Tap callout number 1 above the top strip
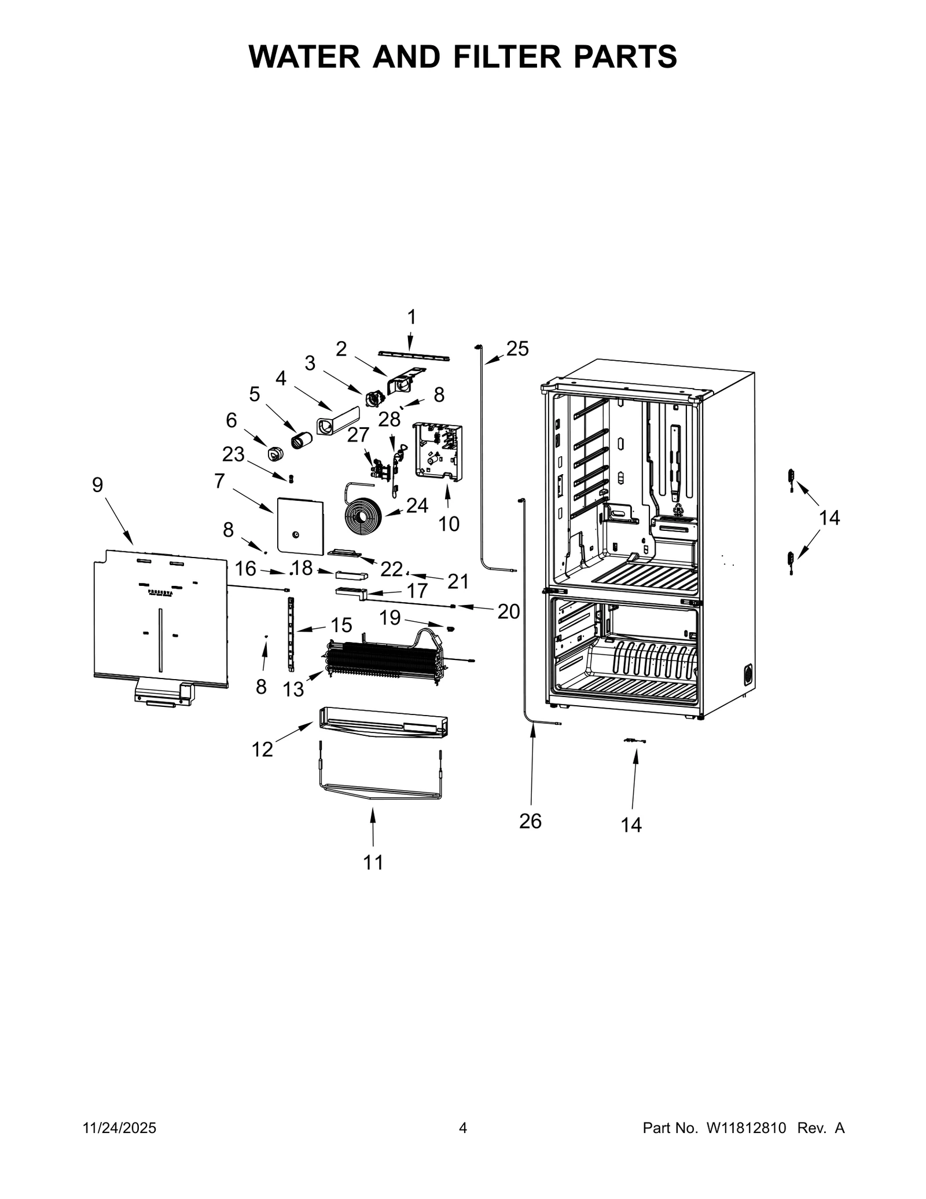pos(411,317)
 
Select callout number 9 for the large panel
pos(97,485)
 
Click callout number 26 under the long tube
pos(530,821)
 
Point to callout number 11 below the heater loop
pos(373,863)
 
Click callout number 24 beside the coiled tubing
pos(417,505)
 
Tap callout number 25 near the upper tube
pos(517,349)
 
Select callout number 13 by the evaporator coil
pos(293,689)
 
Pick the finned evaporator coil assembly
pos(382,657)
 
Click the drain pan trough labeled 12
pos(382,723)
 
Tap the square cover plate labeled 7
pos(300,525)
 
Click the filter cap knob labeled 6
pos(275,453)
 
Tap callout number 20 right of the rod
pos(508,611)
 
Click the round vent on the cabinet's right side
pos(747,674)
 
